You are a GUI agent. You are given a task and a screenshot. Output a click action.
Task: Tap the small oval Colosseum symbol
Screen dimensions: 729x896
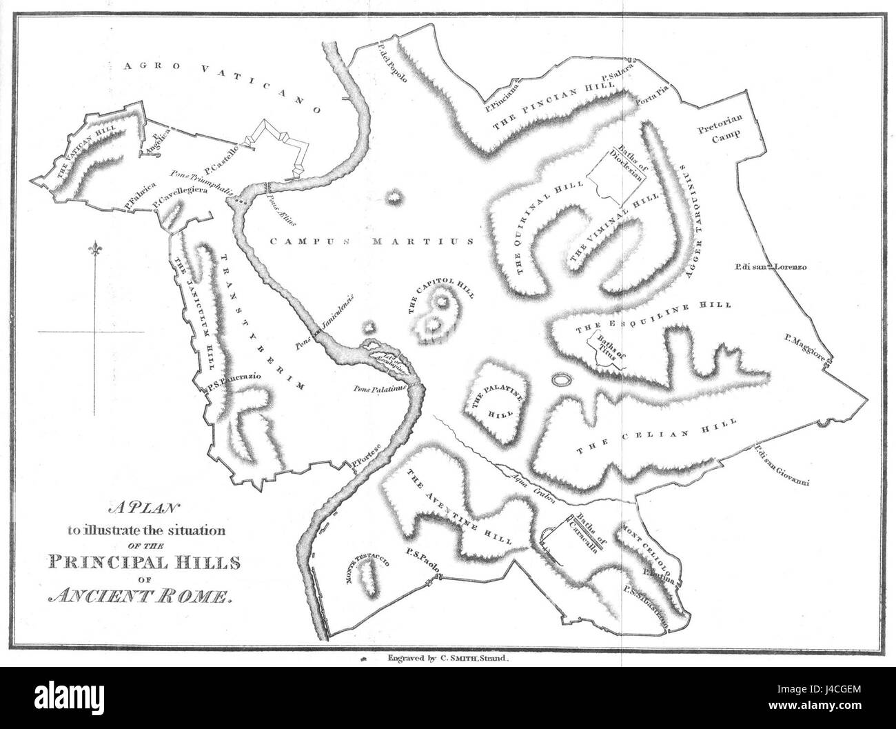coord(560,379)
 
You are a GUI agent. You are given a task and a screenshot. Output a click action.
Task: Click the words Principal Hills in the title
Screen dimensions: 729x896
coord(144,562)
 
